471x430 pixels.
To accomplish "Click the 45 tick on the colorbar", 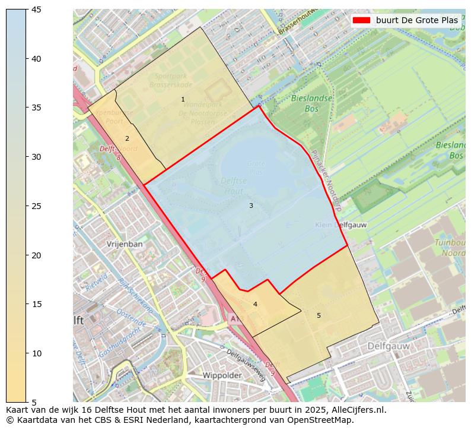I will (x=27, y=10).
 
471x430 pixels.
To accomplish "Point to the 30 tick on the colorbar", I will (x=27, y=157).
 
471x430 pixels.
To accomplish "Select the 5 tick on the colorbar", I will (x=27, y=402).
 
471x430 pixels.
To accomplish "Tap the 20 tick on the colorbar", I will (x=27, y=255).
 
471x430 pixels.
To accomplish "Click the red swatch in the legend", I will (x=361, y=20).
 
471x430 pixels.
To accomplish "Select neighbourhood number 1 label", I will (x=183, y=99).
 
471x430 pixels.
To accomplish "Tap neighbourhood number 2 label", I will (x=127, y=138).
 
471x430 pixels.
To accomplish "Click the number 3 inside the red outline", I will (x=251, y=205).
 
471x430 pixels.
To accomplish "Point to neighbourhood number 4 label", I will (x=255, y=304).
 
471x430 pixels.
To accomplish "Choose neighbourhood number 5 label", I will (x=319, y=315).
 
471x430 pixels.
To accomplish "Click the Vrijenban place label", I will (x=125, y=244).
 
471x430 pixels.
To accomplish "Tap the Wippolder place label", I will (x=222, y=375).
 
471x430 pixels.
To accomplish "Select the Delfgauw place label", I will (x=389, y=345).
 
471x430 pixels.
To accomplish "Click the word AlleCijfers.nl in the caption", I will (x=355, y=410).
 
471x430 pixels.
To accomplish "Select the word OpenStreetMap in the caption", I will (x=321, y=420).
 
